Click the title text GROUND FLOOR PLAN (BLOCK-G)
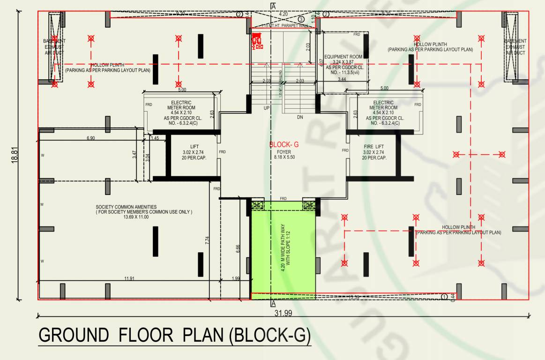click(174, 336)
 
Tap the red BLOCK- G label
click(284, 145)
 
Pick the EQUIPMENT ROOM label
click(343, 57)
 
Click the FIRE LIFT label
click(373, 147)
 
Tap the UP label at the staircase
click(266, 108)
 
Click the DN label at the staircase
click(300, 117)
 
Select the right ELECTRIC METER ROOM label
click(383, 105)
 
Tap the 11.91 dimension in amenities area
click(130, 279)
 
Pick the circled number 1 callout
click(444, 296)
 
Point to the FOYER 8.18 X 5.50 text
click(284, 155)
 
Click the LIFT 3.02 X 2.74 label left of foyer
click(194, 152)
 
